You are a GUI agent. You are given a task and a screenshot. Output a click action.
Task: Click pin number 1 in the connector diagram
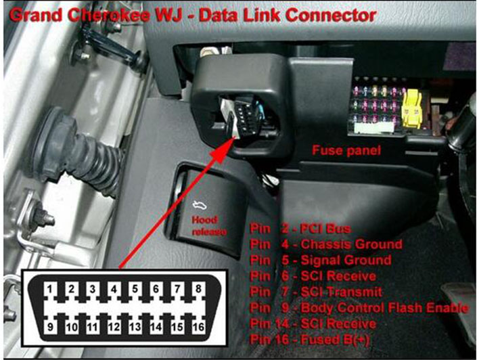50,290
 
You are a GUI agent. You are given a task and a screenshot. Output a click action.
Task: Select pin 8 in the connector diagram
198,290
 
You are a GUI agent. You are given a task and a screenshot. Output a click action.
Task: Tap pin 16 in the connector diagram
198,327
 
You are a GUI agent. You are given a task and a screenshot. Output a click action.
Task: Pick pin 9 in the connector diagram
50,327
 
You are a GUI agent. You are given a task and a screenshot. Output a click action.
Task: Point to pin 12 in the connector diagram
114,327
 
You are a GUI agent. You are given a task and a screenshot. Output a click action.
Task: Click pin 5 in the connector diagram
135,290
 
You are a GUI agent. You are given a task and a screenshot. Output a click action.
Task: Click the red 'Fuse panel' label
346,150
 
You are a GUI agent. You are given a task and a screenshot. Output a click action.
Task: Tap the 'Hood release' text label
209,226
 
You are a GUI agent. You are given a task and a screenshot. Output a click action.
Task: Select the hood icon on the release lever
200,206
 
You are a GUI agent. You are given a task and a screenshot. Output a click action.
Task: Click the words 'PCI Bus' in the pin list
325,229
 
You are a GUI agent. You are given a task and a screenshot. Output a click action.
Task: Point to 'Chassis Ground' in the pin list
351,244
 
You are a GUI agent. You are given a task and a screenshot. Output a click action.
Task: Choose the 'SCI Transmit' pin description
341,292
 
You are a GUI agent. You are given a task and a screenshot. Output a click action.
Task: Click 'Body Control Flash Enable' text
384,308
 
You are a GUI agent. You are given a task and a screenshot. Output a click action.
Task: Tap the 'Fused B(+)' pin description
335,340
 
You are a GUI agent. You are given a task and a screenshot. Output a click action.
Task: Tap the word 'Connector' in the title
330,16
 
